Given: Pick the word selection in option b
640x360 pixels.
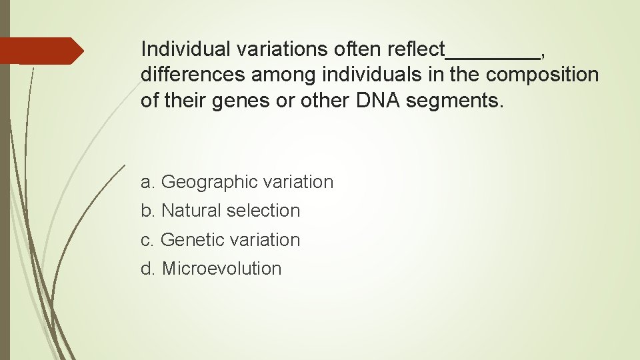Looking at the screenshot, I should pos(263,211).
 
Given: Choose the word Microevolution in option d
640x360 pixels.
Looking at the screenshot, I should pos(222,269).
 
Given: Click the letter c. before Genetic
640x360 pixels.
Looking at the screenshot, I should pos(148,240).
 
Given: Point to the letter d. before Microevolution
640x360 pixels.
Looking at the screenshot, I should pos(148,269).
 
